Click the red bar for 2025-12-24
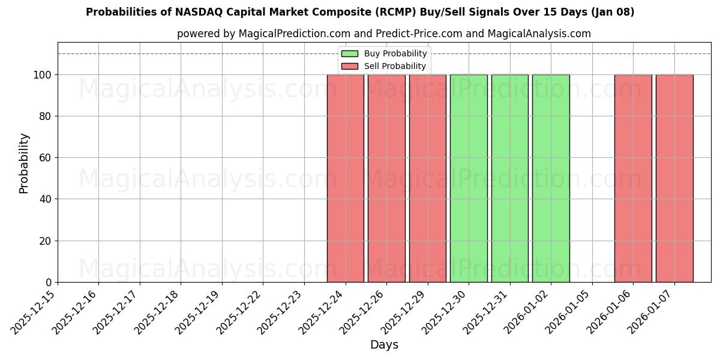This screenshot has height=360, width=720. pyautogui.click(x=345, y=178)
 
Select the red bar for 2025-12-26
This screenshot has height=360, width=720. pyautogui.click(x=386, y=178)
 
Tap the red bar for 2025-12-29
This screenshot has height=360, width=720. pyautogui.click(x=427, y=178)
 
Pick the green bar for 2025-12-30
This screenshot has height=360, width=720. pyautogui.click(x=469, y=178)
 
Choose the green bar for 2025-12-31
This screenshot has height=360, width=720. pyautogui.click(x=509, y=178)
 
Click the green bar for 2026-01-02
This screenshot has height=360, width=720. pyautogui.click(x=551, y=178)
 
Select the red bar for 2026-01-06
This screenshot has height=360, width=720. pyautogui.click(x=633, y=178)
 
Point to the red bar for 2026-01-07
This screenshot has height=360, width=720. pyautogui.click(x=674, y=178)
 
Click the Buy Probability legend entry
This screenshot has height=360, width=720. pyautogui.click(x=384, y=53)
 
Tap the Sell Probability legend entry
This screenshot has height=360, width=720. pyautogui.click(x=384, y=66)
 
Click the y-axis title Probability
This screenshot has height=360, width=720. pyautogui.click(x=24, y=163)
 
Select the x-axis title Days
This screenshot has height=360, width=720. pyautogui.click(x=384, y=345)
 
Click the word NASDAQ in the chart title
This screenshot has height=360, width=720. pyautogui.click(x=197, y=12)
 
